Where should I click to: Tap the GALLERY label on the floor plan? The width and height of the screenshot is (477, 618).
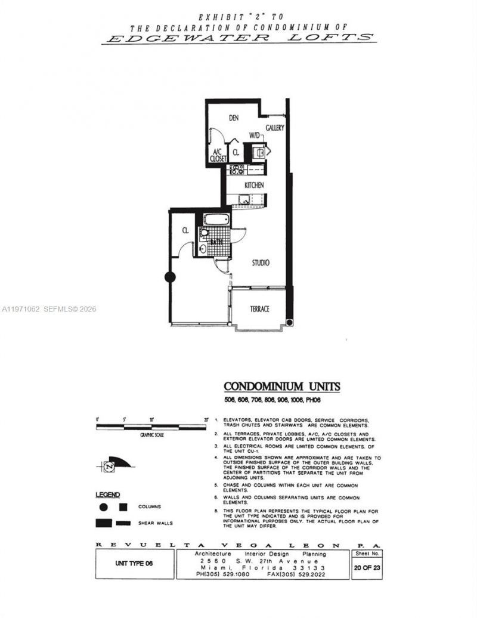click(x=274, y=128)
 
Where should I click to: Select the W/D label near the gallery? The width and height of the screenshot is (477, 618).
click(x=255, y=136)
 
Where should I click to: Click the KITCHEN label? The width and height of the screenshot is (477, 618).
click(x=254, y=186)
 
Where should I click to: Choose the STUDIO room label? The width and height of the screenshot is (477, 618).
click(x=260, y=262)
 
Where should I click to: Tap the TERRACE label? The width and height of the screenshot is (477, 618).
click(x=259, y=309)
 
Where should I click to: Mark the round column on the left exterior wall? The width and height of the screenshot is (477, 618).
click(x=170, y=277)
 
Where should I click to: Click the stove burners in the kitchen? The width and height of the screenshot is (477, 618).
click(x=237, y=169)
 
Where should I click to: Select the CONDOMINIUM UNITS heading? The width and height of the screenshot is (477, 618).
click(x=281, y=387)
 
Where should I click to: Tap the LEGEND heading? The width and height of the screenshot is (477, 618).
click(x=108, y=495)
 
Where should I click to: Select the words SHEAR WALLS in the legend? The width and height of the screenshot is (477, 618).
click(x=157, y=523)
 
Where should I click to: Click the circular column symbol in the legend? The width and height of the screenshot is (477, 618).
click(x=103, y=507)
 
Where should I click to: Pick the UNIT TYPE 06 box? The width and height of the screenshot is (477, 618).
click(x=134, y=563)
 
